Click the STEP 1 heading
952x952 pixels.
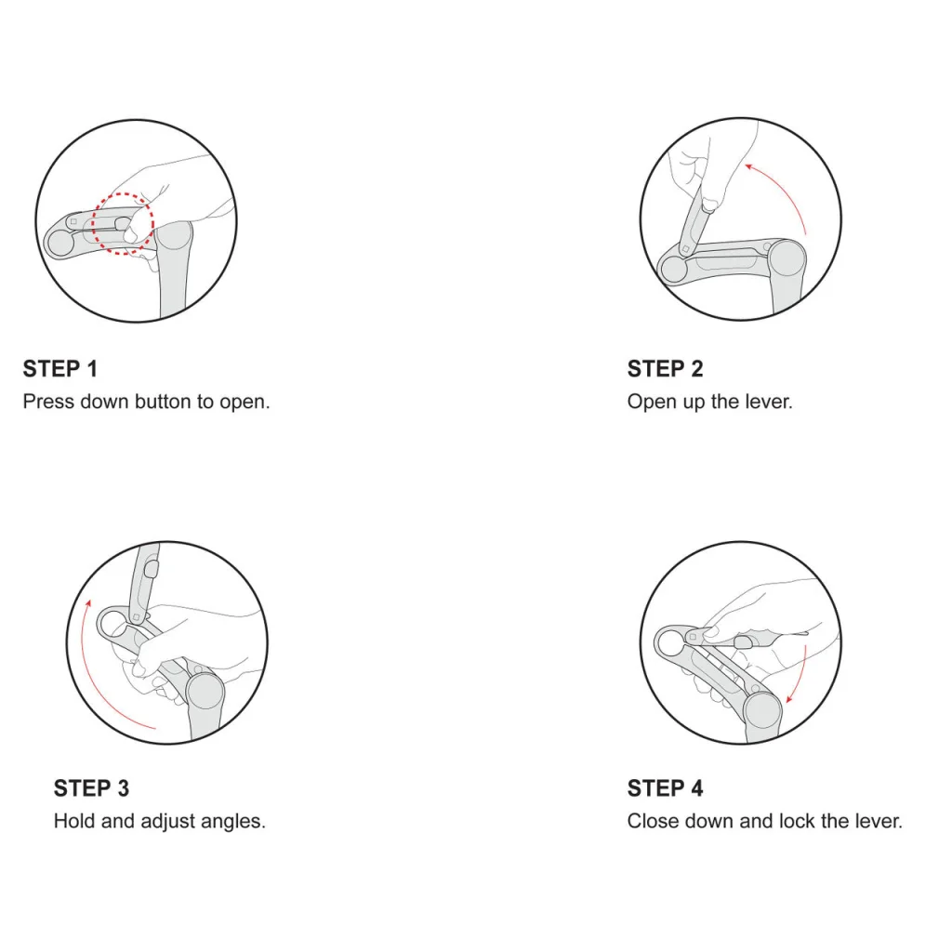point(60,368)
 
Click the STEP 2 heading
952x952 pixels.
point(665,368)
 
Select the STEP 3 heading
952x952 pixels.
point(91,788)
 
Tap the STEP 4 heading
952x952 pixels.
point(665,788)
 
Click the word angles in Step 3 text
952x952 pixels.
point(233,822)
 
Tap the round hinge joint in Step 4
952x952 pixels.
point(762,709)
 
